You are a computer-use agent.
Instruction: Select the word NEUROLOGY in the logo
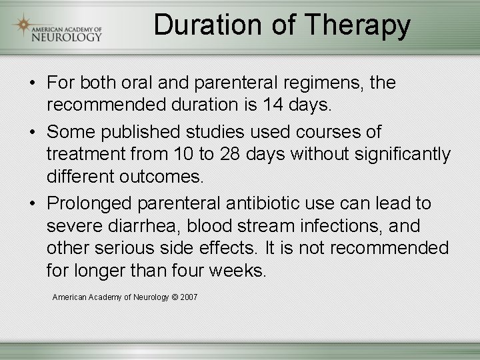click(x=67, y=37)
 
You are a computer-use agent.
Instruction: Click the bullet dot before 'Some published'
click(x=31, y=133)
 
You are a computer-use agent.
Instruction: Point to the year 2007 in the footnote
click(x=189, y=297)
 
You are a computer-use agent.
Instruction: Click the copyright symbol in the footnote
click(x=175, y=297)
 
